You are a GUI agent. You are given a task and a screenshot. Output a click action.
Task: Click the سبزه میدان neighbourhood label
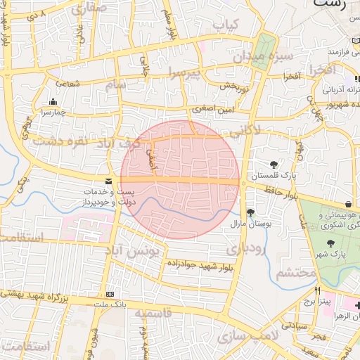tap(273, 55)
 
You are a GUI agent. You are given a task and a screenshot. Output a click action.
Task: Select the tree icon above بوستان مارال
tap(251, 212)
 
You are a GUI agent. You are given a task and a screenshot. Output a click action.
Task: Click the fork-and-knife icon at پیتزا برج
tap(317, 291)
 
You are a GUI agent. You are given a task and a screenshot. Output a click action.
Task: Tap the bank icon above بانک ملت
tap(109, 294)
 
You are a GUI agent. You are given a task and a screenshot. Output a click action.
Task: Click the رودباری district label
tap(245, 248)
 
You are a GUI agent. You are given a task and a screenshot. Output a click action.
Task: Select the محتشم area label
tap(294, 274)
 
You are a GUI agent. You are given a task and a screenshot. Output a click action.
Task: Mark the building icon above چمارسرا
tap(53, 101)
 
